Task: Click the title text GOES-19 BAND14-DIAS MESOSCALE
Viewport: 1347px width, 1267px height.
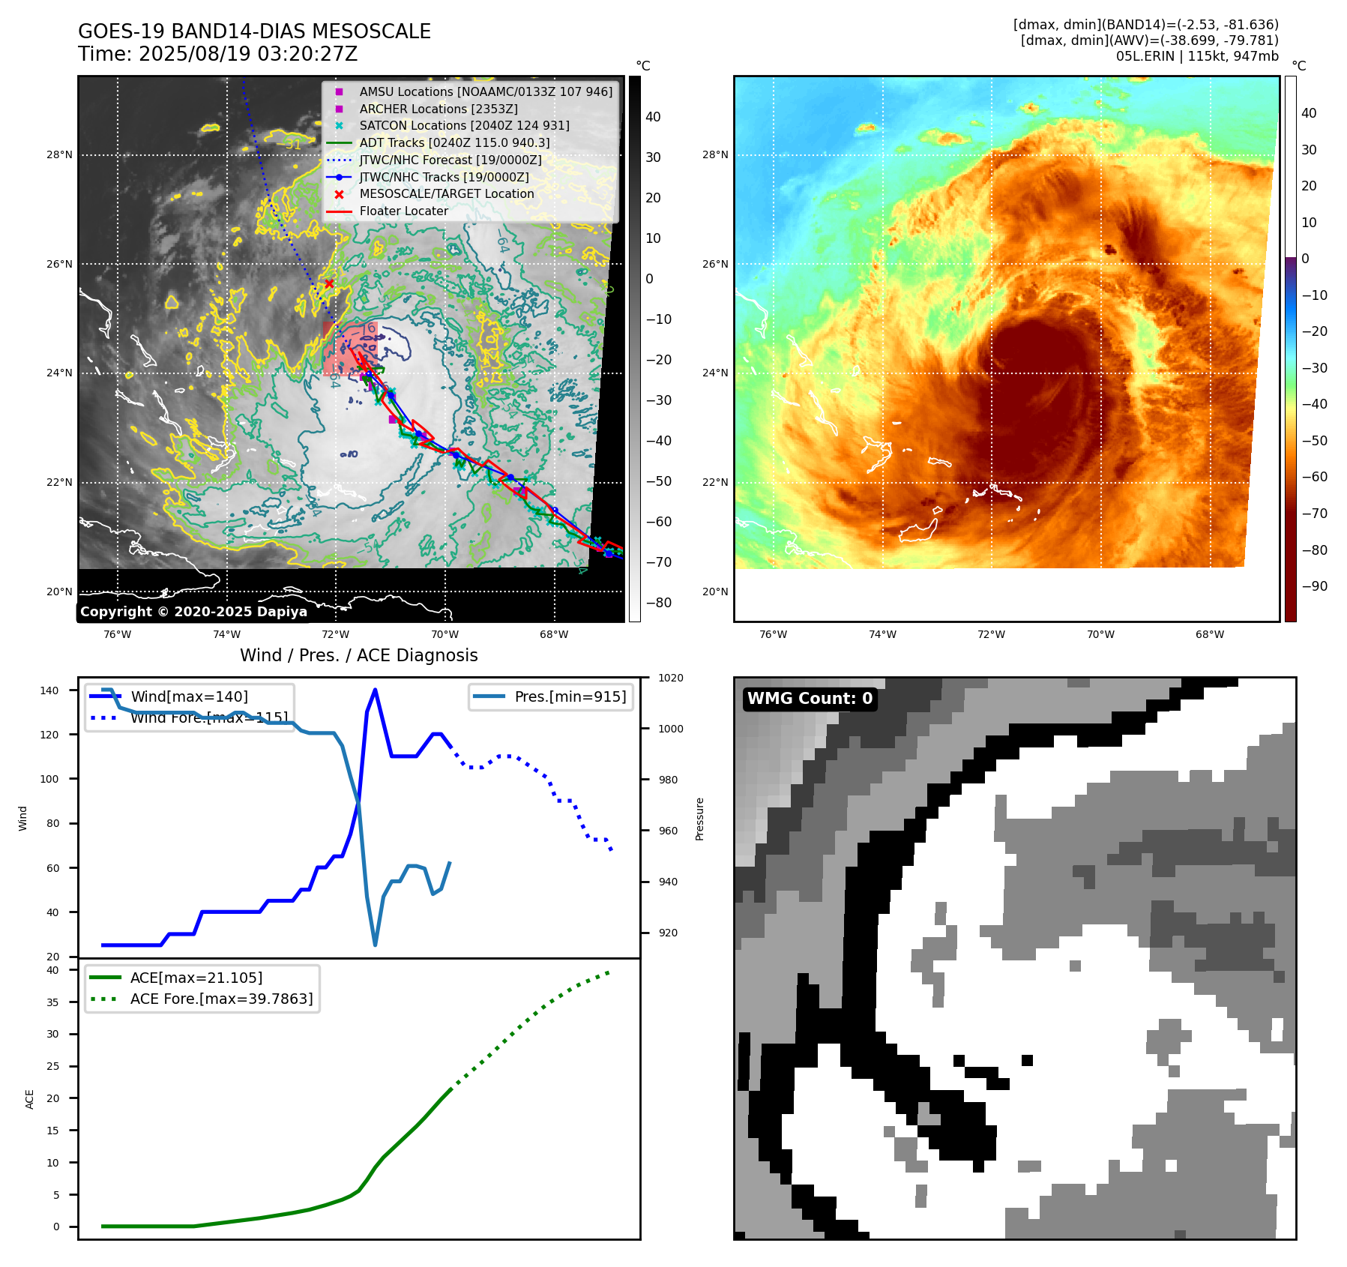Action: click(254, 31)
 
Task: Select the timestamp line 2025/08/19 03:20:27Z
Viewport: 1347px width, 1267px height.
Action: click(247, 55)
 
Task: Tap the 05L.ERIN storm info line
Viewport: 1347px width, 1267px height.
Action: click(1196, 56)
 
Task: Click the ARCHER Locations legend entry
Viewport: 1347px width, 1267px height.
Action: click(438, 109)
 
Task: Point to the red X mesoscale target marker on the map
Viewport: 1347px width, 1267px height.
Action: click(329, 283)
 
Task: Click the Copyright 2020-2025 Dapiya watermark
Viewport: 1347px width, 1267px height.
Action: click(193, 612)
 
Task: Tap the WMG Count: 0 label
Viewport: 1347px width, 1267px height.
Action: click(810, 699)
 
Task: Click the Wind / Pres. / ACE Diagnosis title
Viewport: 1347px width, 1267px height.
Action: click(358, 655)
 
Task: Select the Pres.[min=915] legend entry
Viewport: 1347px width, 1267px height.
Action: click(570, 696)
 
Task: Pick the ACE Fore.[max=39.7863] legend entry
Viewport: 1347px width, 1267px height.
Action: click(221, 999)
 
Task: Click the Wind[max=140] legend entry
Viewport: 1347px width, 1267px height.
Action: click(189, 696)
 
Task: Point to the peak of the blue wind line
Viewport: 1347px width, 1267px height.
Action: click(375, 690)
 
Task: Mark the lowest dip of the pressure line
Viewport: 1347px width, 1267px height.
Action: click(375, 945)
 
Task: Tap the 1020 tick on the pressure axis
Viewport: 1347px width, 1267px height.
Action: click(670, 678)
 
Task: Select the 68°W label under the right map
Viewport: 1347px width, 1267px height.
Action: click(1210, 634)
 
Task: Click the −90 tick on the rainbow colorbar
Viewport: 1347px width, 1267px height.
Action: click(1315, 586)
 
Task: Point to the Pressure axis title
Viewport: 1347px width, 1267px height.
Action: click(700, 818)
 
